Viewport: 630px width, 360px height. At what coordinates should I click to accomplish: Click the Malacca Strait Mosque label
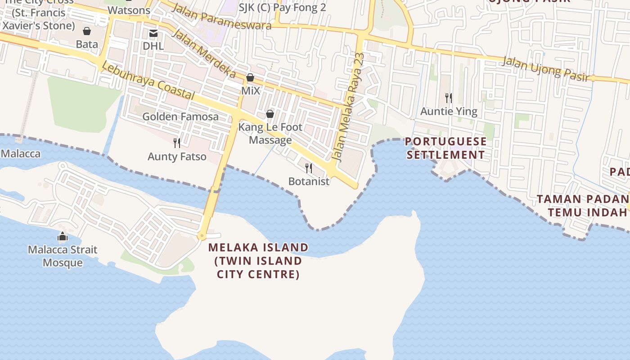click(x=63, y=256)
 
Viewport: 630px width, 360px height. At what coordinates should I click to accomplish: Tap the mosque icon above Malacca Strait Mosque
click(x=63, y=236)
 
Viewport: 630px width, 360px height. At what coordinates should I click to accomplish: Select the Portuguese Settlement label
click(x=445, y=148)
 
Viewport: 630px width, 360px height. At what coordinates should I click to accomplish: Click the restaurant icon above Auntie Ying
click(x=448, y=98)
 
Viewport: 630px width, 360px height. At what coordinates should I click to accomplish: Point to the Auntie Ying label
click(x=449, y=111)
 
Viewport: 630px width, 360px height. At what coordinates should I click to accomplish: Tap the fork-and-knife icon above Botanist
click(x=309, y=168)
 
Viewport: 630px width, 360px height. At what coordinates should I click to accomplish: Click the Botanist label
click(x=309, y=181)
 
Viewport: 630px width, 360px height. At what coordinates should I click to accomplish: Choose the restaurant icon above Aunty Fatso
click(x=177, y=143)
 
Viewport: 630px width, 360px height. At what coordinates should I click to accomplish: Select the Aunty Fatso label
click(x=177, y=157)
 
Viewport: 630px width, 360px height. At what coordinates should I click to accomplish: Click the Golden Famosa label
click(x=180, y=117)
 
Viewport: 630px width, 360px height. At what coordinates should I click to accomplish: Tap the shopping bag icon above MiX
click(x=250, y=77)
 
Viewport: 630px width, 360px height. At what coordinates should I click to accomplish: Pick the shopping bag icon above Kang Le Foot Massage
click(x=270, y=114)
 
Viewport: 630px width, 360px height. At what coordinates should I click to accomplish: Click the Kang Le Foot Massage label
click(x=270, y=134)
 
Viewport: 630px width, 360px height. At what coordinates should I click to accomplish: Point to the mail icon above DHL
click(x=153, y=33)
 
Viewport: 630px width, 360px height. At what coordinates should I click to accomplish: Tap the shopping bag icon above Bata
click(x=87, y=31)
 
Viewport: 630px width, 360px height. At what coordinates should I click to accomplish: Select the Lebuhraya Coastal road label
click(x=148, y=81)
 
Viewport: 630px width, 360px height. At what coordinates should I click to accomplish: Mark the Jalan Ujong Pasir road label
click(x=546, y=69)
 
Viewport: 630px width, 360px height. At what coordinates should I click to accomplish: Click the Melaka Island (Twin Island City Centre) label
click(x=258, y=261)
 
